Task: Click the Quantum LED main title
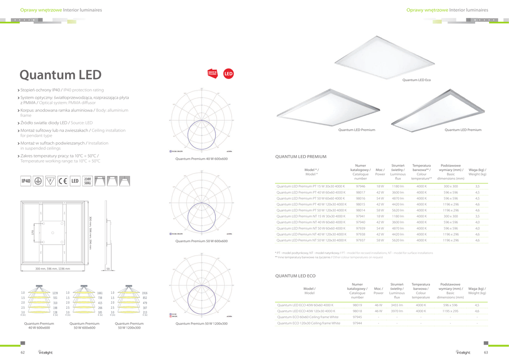pyautogui.click(x=60, y=75)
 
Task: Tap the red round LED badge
pyautogui.click(x=229, y=74)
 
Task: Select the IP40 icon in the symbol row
pyautogui.click(x=25, y=181)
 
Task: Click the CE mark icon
pyautogui.click(x=63, y=181)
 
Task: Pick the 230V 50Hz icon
pyautogui.click(x=87, y=181)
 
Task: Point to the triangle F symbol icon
pyautogui.click(x=50, y=181)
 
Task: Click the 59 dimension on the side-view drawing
pyautogui.click(x=108, y=269)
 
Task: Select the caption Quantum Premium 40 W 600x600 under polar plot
pyautogui.click(x=201, y=159)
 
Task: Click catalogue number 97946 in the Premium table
pyautogui.click(x=360, y=186)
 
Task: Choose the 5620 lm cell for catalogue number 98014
pyautogui.click(x=398, y=210)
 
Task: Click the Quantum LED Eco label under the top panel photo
pyautogui.click(x=416, y=80)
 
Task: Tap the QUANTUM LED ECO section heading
pyautogui.click(x=295, y=275)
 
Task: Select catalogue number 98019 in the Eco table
pyautogui.click(x=357, y=305)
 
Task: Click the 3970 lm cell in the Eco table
pyautogui.click(x=397, y=311)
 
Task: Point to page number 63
pyautogui.click(x=486, y=353)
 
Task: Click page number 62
pyautogui.click(x=23, y=353)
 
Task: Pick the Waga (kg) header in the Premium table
pyautogui.click(x=477, y=172)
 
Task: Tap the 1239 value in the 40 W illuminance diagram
pyautogui.click(x=55, y=293)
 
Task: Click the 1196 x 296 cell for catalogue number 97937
pyautogui.click(x=451, y=240)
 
